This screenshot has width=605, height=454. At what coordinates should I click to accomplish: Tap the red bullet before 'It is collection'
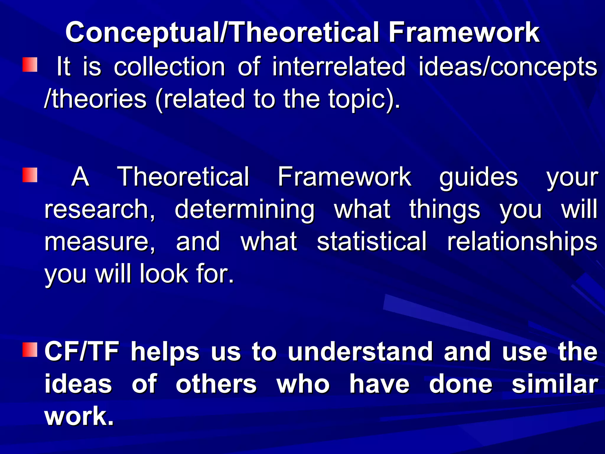click(x=30, y=65)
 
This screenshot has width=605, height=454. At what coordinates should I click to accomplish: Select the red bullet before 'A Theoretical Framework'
click(x=30, y=175)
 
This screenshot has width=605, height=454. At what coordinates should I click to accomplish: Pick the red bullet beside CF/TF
click(x=30, y=350)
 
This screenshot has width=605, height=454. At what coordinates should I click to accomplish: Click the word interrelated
click(x=339, y=67)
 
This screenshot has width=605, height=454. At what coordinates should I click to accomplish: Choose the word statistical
click(x=372, y=241)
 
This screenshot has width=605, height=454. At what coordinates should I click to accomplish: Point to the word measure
click(x=99, y=242)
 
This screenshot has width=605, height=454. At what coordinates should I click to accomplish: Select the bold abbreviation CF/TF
click(x=82, y=352)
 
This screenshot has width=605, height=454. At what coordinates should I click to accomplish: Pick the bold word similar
click(x=555, y=384)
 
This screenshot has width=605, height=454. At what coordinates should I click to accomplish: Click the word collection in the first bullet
click(x=170, y=67)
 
